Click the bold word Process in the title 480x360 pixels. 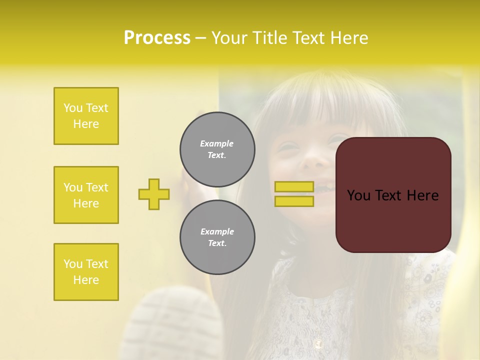(157, 38)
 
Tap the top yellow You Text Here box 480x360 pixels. (86, 116)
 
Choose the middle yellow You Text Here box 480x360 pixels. (86, 195)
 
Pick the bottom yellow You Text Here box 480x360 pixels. (86, 272)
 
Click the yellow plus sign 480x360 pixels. (154, 194)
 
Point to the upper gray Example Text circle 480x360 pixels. (217, 149)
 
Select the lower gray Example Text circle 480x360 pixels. (217, 237)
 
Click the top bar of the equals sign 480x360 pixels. (294, 187)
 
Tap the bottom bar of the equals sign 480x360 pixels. (294, 201)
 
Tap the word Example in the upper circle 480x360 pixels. (217, 143)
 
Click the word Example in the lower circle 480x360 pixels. (217, 231)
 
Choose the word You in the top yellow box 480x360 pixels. (72, 108)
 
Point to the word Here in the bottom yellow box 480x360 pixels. (86, 280)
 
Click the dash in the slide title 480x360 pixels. (201, 38)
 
